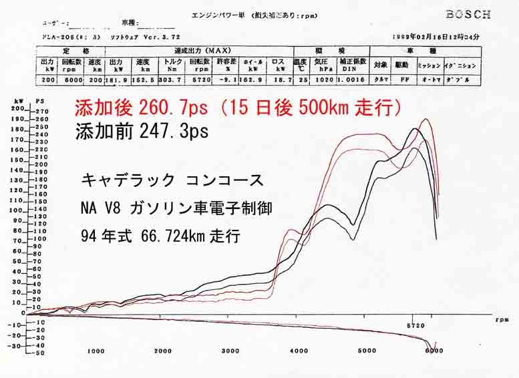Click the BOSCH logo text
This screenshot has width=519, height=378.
pyautogui.click(x=468, y=14)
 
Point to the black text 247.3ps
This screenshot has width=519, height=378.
pyautogui.click(x=174, y=132)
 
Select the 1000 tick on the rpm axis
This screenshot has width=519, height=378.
pyautogui.click(x=96, y=351)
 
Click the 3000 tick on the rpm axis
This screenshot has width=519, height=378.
pyautogui.click(x=230, y=351)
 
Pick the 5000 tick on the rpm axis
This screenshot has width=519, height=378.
pyautogui.click(x=366, y=351)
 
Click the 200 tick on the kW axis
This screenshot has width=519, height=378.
pyautogui.click(x=17, y=109)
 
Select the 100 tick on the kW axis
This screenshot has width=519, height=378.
pyautogui.click(x=17, y=210)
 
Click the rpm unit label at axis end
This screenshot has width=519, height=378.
pyautogui.click(x=502, y=320)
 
